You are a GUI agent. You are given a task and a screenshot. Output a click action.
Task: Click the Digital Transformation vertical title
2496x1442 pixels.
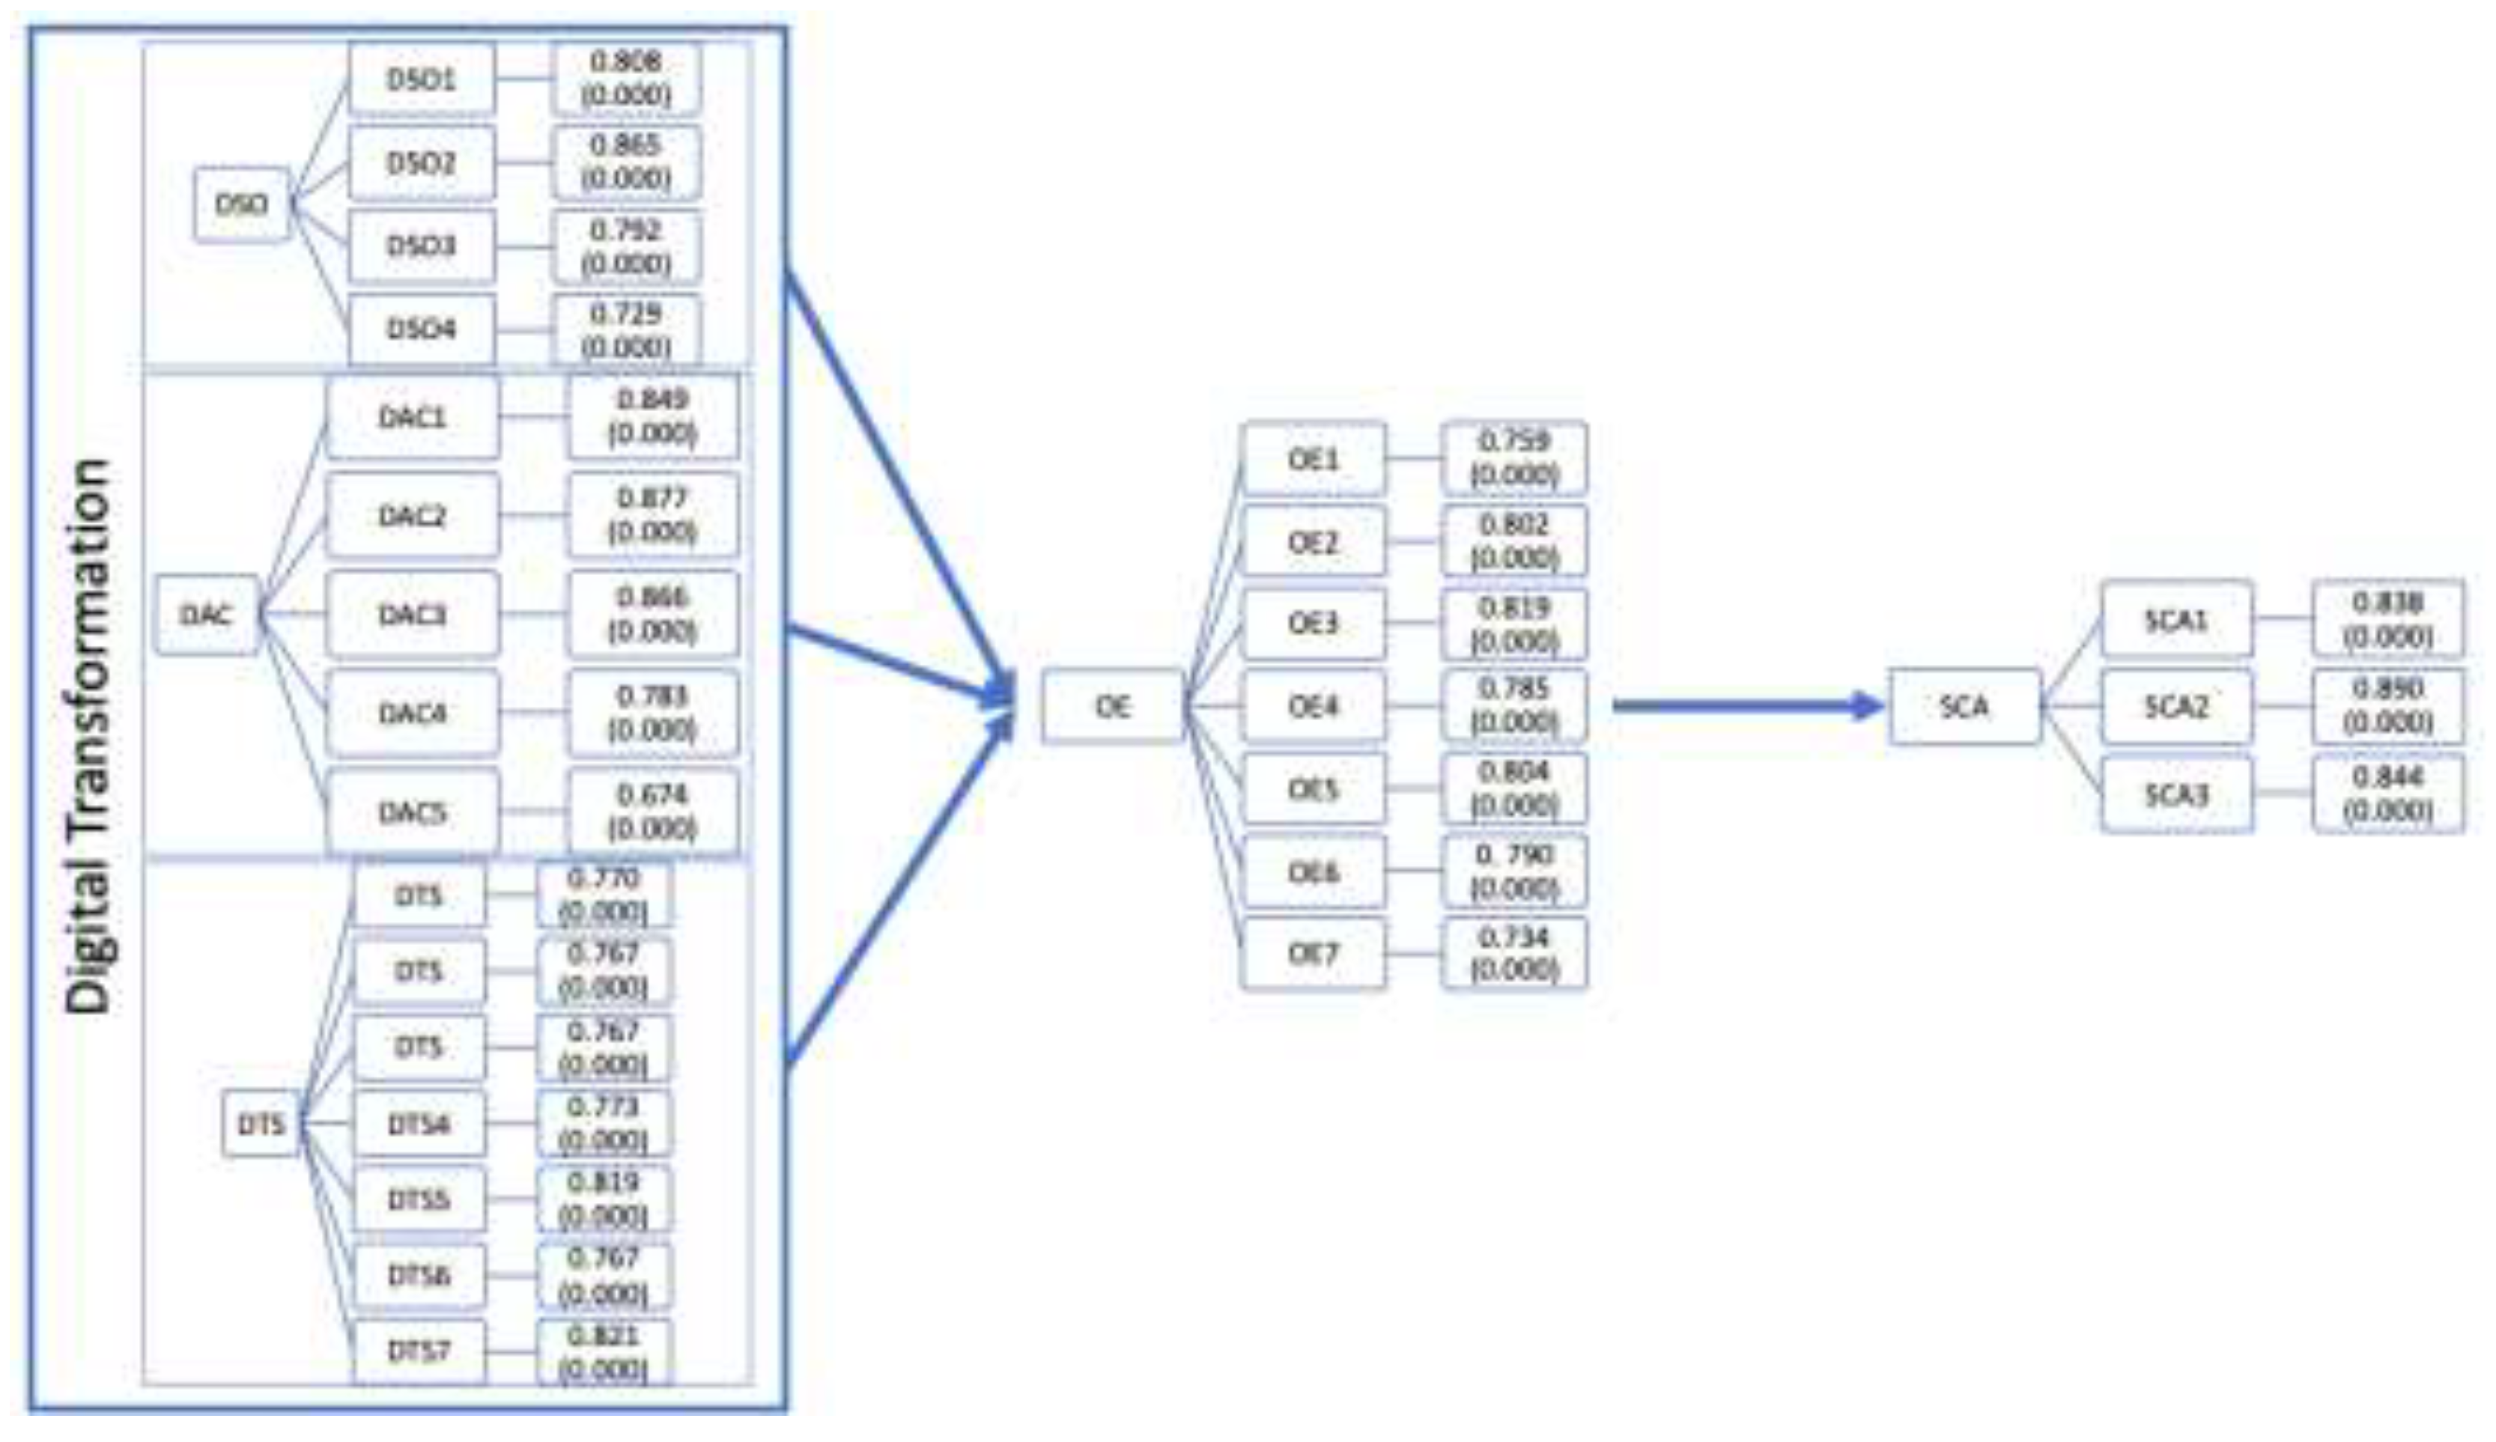pos(87,737)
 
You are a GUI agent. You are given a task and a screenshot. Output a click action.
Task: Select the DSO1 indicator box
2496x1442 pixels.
pos(421,79)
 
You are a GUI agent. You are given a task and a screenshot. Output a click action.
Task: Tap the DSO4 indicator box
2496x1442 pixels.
pos(421,328)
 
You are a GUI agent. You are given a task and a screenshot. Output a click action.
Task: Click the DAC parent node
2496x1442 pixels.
pos(206,615)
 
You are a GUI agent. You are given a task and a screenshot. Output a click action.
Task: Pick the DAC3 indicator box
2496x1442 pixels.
pos(412,615)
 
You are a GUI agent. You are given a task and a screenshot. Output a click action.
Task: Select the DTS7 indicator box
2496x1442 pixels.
pos(419,1351)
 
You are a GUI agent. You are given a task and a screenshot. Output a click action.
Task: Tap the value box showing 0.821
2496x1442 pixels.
pos(603,1351)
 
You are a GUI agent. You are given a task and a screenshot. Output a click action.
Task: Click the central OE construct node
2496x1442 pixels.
pos(1112,706)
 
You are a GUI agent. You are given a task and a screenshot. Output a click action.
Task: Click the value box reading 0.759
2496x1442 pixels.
pos(1513,457)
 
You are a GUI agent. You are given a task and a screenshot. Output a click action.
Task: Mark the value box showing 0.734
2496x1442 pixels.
pos(1513,954)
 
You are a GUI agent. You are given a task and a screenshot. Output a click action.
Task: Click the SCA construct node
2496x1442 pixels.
pos(1964,706)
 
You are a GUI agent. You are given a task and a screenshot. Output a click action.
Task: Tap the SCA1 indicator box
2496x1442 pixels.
pos(2176,620)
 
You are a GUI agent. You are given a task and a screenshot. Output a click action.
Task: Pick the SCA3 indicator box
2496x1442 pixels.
pos(2176,794)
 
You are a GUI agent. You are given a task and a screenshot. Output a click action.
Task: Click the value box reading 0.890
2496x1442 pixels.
pos(2387,706)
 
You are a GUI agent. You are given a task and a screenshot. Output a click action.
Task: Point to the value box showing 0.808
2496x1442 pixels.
pos(626,79)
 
